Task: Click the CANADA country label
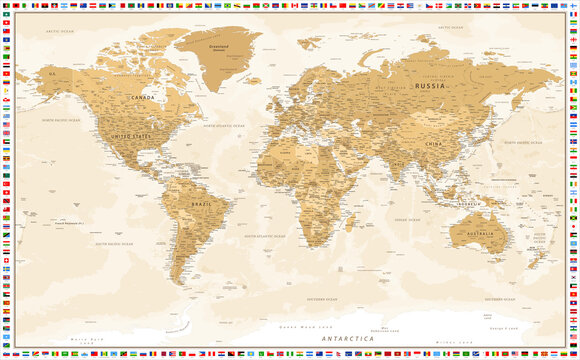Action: (143, 97)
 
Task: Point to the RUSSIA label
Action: (430, 86)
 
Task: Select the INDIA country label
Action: (398, 165)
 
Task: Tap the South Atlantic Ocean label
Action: (262, 235)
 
